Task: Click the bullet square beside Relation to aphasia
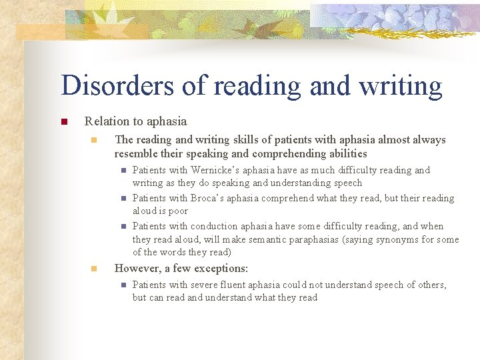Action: (x=64, y=122)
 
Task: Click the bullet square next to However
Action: (x=95, y=269)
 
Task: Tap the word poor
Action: (x=177, y=211)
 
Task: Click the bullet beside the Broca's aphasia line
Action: (x=124, y=199)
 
